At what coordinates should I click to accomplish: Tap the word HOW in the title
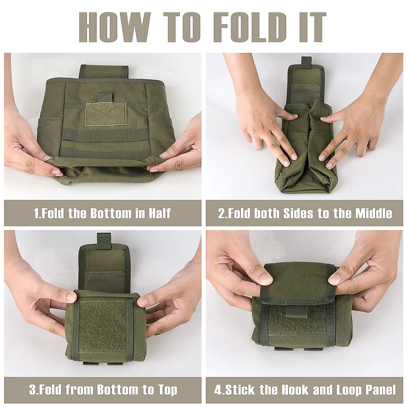[x=115, y=27]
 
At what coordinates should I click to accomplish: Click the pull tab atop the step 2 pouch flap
[x=307, y=63]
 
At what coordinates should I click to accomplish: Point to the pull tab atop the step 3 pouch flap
[x=104, y=240]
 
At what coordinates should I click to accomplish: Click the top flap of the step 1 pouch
[x=104, y=71]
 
